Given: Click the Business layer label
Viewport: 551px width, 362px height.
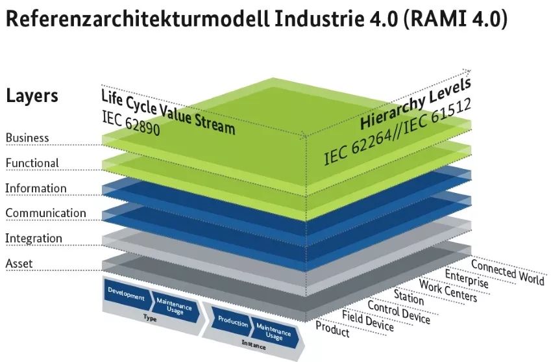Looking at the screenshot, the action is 27,138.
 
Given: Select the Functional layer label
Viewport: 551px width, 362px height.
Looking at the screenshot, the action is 32,162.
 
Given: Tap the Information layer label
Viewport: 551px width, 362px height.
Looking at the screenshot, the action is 36,188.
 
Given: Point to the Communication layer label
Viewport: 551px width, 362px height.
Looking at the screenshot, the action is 45,213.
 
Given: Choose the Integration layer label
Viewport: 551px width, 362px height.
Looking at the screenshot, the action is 34,239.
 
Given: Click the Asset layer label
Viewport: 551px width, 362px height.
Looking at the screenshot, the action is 19,264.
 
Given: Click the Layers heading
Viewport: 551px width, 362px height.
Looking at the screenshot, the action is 32,96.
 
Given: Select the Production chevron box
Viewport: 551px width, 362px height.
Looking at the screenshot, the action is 233,320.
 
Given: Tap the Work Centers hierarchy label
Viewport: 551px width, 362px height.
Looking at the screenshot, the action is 448,291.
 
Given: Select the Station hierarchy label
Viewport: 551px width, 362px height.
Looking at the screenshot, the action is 408,299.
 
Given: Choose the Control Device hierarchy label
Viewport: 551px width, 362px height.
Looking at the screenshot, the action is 398,312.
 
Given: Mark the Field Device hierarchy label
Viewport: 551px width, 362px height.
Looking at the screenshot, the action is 367,321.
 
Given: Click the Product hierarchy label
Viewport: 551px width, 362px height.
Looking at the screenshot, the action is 332,330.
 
